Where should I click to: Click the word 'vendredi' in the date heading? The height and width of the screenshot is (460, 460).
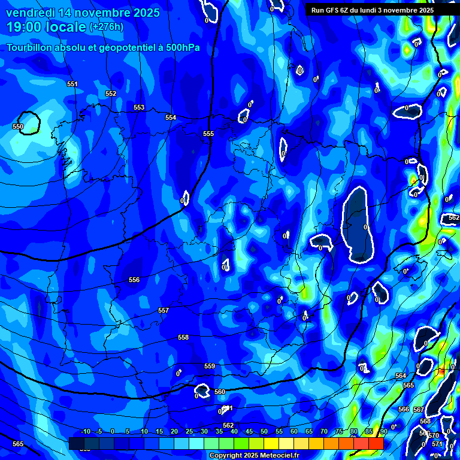tap(29, 13)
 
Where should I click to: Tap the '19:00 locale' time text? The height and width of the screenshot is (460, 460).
tap(46, 27)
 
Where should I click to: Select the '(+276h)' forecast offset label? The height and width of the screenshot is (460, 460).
tap(107, 27)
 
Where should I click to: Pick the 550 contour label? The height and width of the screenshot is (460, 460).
tap(18, 127)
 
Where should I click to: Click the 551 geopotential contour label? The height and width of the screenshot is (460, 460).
tap(72, 84)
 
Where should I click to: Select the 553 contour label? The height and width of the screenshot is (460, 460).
tap(139, 108)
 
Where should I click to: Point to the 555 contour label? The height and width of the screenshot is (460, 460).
tap(208, 134)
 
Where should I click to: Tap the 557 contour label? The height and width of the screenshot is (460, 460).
tap(164, 311)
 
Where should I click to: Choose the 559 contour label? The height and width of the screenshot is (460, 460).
tap(210, 367)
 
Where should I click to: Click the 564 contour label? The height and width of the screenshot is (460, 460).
tap(401, 376)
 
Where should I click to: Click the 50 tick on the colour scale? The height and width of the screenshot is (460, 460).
tap(264, 432)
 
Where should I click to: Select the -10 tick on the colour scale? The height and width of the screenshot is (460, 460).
tap(85, 432)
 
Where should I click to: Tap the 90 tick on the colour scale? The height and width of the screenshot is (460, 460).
tap(383, 432)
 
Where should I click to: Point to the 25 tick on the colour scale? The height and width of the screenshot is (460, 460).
tap(189, 432)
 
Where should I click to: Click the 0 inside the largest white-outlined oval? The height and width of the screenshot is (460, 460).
tap(365, 227)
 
